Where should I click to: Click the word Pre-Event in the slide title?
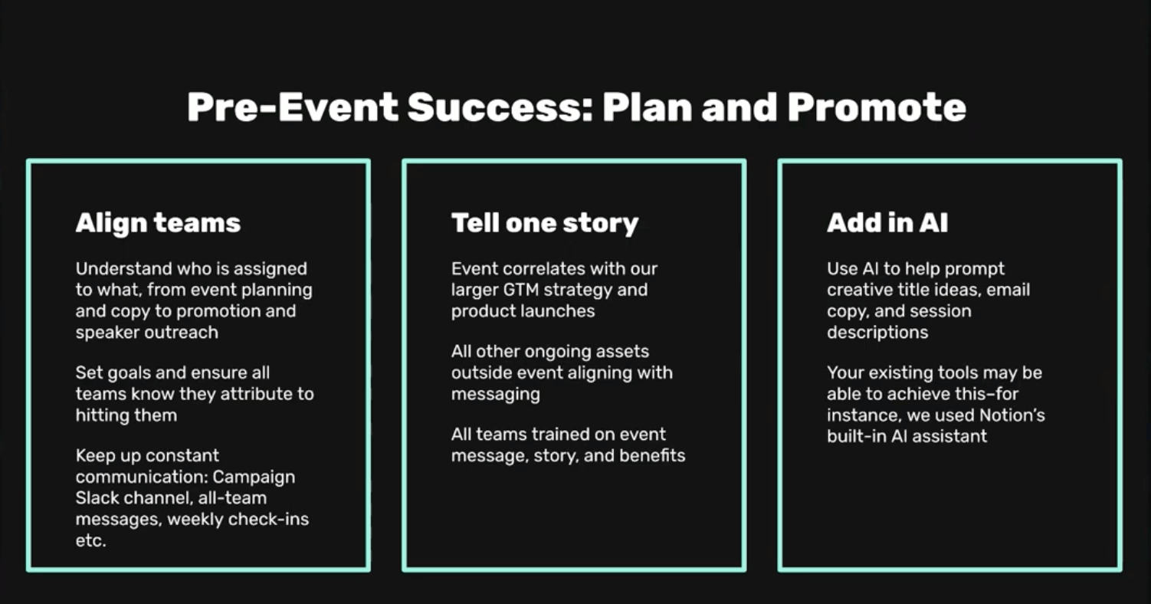(x=293, y=107)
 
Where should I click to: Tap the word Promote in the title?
(x=877, y=107)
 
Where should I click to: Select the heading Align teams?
(x=159, y=223)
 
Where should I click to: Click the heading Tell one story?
(x=545, y=223)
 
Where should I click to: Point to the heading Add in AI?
(x=887, y=223)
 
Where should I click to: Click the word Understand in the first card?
(x=124, y=269)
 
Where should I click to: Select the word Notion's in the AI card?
(x=1012, y=415)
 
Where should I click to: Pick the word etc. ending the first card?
(x=91, y=541)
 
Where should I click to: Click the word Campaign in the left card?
(x=254, y=478)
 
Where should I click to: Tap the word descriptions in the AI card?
(x=877, y=333)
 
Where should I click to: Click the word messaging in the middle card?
(x=496, y=394)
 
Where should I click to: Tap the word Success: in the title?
(x=500, y=107)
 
